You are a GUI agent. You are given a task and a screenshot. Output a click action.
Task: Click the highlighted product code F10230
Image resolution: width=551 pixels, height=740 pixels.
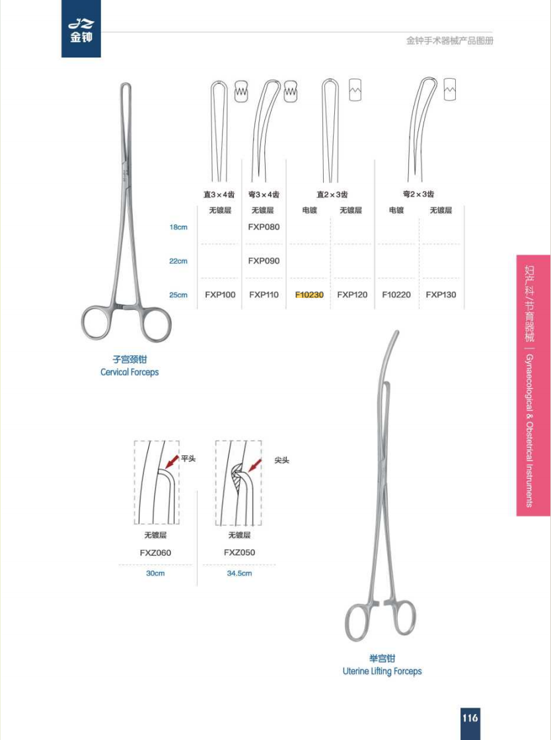tap(309, 295)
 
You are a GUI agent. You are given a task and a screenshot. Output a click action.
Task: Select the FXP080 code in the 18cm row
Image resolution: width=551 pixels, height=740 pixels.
tap(264, 227)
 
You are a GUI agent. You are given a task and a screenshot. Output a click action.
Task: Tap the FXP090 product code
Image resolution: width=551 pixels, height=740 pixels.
tap(264, 261)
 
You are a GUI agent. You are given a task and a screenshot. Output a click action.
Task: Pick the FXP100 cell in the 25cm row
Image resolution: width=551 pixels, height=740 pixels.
tap(220, 295)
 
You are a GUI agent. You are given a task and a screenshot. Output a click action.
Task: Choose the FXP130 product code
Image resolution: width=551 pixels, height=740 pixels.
tap(441, 295)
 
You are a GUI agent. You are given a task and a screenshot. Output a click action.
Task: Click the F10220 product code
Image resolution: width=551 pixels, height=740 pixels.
tap(396, 295)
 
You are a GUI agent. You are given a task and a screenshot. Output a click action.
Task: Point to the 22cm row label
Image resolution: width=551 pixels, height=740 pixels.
tap(178, 261)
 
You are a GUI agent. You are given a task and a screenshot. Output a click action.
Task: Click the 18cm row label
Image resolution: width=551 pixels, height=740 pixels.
tap(178, 227)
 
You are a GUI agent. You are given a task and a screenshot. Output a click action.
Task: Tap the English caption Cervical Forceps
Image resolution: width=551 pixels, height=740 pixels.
tap(129, 372)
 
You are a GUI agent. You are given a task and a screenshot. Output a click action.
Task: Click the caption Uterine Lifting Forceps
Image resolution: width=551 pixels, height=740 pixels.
tap(382, 671)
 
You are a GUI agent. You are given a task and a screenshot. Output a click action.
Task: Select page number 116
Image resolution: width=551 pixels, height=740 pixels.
tap(470, 718)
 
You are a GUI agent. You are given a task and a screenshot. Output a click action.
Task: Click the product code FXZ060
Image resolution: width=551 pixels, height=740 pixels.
tap(155, 552)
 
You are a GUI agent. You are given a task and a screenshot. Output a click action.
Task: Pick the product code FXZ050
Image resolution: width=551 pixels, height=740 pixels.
tap(239, 552)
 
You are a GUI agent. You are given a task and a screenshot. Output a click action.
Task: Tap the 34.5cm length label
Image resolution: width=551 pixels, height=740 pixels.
tap(239, 573)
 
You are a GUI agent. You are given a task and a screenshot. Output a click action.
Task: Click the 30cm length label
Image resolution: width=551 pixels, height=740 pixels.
tap(155, 573)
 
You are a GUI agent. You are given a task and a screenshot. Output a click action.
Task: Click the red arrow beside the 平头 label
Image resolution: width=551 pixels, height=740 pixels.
tap(172, 462)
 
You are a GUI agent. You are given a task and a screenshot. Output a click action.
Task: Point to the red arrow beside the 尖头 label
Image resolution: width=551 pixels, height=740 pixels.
tap(255, 465)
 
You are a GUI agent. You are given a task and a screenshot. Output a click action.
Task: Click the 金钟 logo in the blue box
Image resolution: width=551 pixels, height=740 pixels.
tap(81, 30)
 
